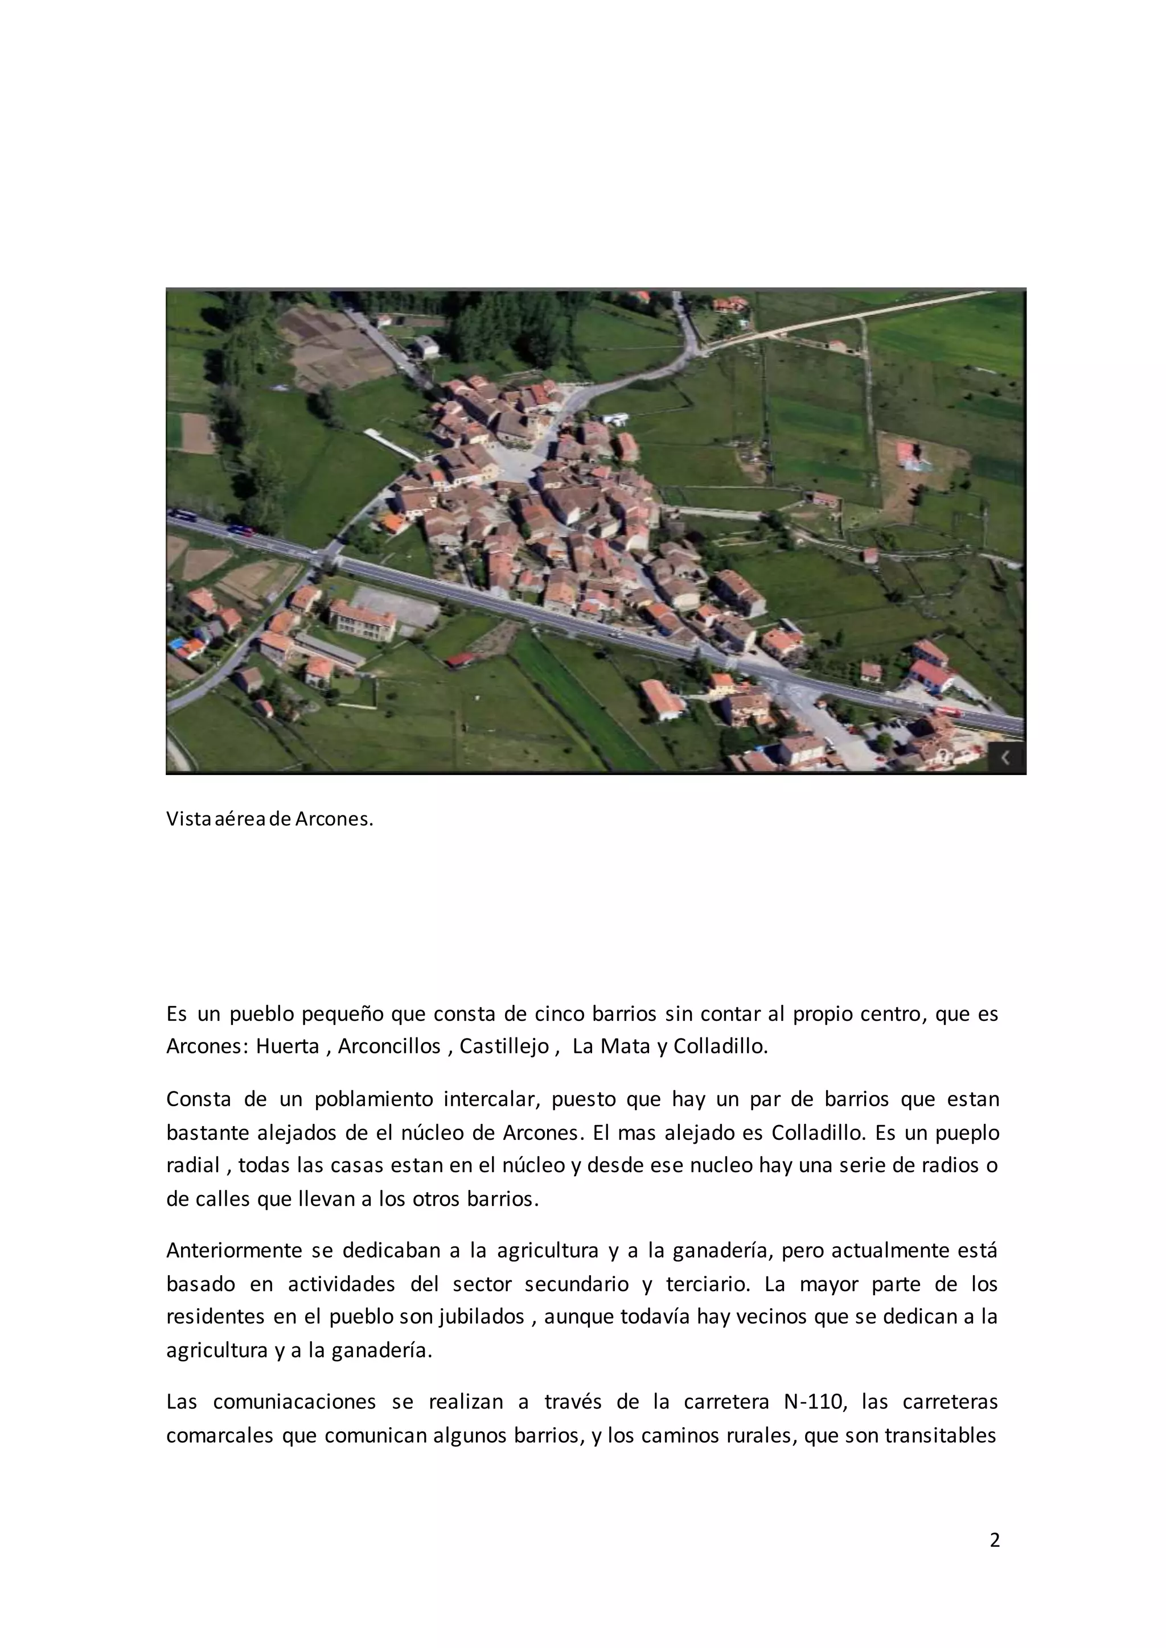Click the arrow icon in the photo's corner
[x=1006, y=757]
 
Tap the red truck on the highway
[x=948, y=711]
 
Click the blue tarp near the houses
[x=177, y=644]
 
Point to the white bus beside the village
[x=615, y=418]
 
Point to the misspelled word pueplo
[x=968, y=1132]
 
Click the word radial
[x=192, y=1165]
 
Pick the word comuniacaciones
[x=294, y=1402]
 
